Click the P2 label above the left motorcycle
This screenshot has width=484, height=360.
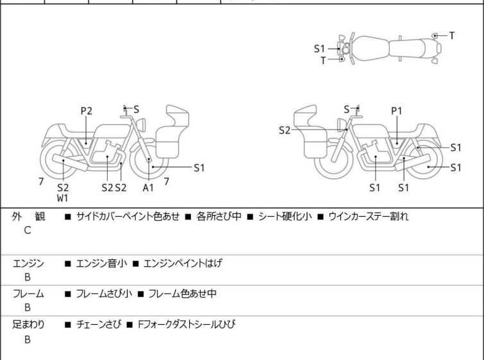point(86,111)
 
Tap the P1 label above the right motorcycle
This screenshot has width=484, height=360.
point(397,111)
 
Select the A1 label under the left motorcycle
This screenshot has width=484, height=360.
point(148,187)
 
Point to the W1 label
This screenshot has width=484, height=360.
point(62,198)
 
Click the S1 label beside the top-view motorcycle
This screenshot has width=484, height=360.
point(319,48)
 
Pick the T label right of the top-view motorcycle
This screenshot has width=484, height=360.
point(451,35)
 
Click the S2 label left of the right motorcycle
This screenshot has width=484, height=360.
point(285,130)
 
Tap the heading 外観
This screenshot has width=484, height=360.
point(29,216)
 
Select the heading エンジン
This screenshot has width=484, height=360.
point(29,263)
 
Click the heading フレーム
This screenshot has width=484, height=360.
point(29,294)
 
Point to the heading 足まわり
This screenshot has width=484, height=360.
point(29,325)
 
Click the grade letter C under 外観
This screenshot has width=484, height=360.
point(28,230)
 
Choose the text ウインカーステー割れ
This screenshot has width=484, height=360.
point(369,216)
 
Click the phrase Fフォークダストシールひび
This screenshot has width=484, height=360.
point(187,325)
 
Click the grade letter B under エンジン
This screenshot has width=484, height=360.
point(28,277)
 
